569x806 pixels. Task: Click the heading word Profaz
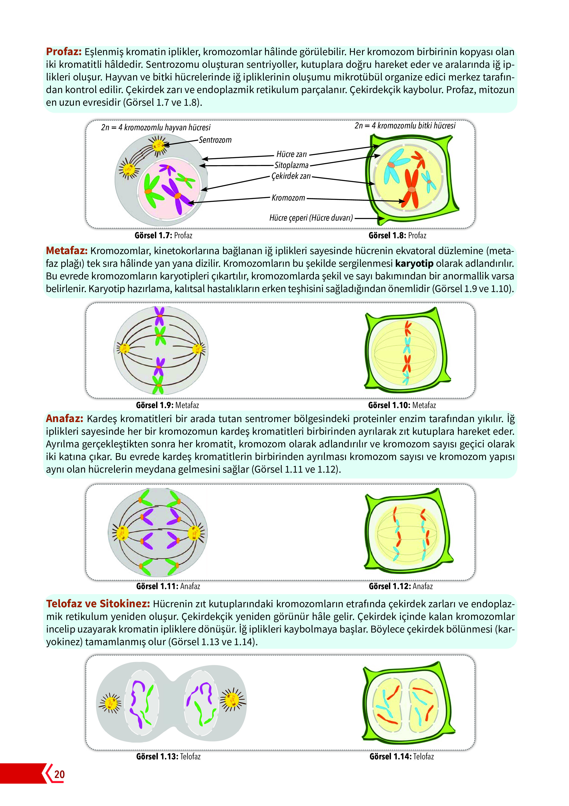[64, 52]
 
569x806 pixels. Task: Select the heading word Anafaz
[64, 418]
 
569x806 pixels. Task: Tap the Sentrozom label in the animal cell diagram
[215, 140]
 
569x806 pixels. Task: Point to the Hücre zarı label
[291, 154]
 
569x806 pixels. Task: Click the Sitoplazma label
[291, 165]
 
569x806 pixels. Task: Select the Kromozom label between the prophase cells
[288, 198]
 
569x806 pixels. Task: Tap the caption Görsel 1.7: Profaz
[163, 235]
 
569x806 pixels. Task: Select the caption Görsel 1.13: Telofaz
[168, 757]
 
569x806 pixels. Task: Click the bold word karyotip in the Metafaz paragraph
[414, 263]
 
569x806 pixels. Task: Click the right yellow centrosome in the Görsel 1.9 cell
[197, 349]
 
